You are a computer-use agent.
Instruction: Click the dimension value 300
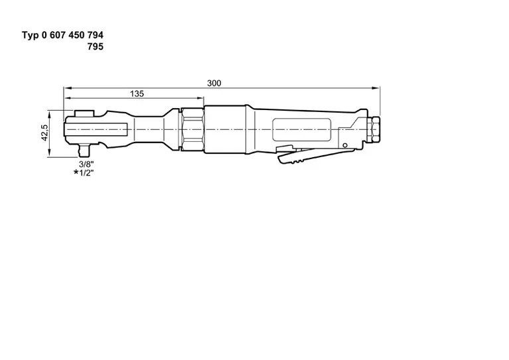(213, 83)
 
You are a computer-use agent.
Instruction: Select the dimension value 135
(136, 94)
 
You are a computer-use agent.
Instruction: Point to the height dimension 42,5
(44, 133)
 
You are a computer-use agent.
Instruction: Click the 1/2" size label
(87, 172)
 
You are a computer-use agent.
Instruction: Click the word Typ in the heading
(33, 34)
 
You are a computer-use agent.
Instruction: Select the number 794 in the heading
(94, 34)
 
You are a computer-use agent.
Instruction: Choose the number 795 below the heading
(94, 46)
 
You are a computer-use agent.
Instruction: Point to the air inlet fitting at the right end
(375, 129)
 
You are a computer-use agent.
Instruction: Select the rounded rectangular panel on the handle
(300, 129)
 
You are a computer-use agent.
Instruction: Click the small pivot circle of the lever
(344, 145)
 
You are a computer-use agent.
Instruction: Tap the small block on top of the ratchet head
(84, 114)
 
